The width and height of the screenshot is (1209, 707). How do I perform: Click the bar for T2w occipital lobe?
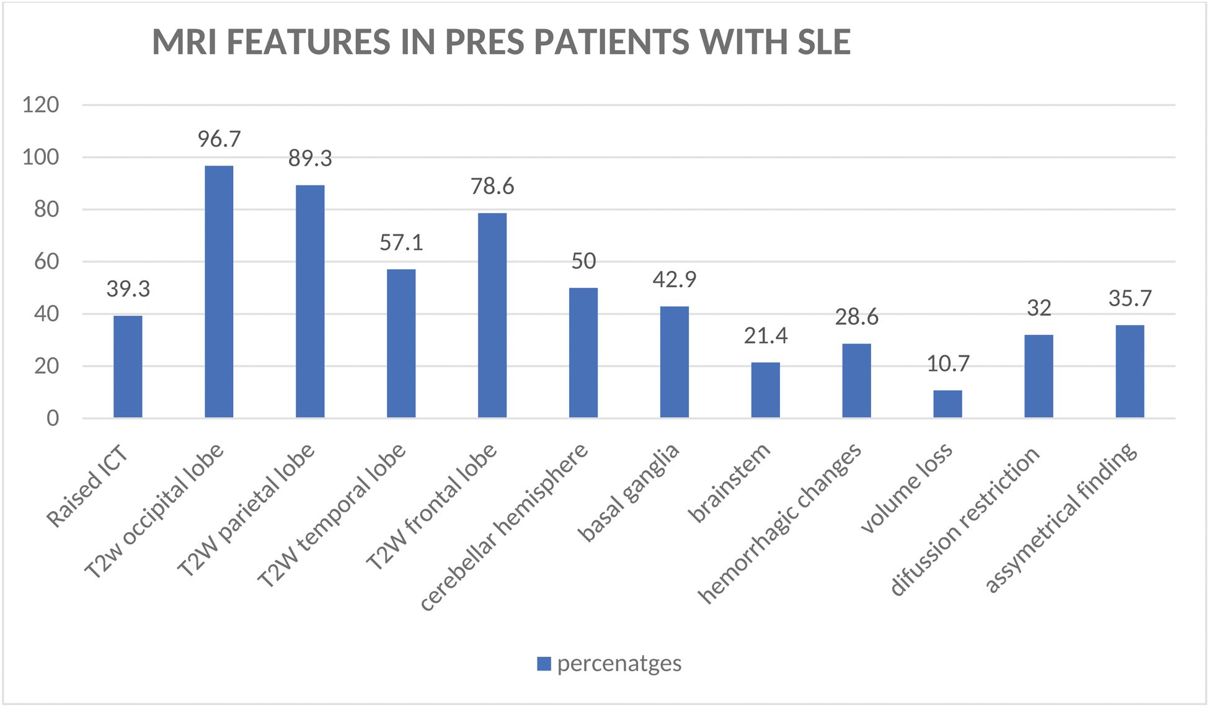pos(219,291)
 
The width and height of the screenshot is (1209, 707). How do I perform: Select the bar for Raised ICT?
pos(128,367)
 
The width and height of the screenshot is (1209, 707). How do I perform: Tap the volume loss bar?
pos(947,404)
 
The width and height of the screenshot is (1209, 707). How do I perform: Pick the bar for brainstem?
pos(765,390)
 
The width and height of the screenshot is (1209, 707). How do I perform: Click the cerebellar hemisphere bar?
pos(583,352)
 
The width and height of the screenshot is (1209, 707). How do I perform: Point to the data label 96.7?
pos(219,139)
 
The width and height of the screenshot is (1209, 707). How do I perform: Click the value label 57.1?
pos(401,242)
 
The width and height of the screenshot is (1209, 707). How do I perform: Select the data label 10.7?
pos(947,363)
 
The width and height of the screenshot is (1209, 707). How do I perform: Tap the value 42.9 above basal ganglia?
pos(674,279)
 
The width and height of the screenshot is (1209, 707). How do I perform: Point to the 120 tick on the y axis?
pos(41,105)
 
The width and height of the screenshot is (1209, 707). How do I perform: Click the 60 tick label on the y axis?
pos(46,262)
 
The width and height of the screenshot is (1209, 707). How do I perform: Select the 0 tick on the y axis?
pos(53,419)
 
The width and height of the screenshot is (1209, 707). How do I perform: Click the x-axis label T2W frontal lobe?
pos(432,507)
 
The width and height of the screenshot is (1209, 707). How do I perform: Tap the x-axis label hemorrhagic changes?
pos(780,523)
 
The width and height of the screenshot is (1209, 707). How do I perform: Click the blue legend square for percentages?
pos(544,664)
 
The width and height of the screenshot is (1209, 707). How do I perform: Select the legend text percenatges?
pos(619,664)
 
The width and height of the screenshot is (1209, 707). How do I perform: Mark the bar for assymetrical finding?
pos(1130,371)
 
